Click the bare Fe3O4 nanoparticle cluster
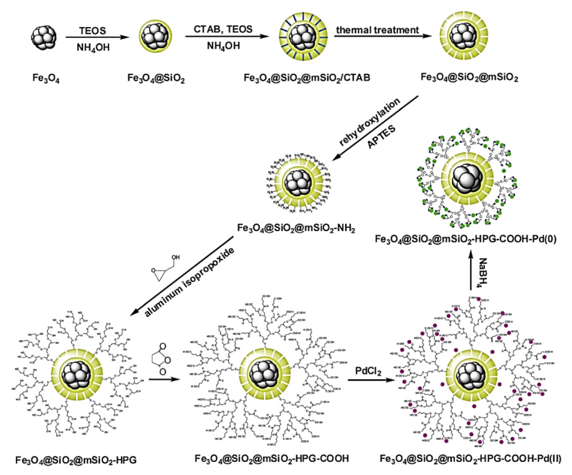44,37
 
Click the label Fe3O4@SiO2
156,78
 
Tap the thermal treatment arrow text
377,30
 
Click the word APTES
381,137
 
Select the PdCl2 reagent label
368,371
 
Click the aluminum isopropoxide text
190,282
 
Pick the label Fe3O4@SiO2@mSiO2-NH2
296,228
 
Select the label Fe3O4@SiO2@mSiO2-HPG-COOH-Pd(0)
466,239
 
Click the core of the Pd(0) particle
467,179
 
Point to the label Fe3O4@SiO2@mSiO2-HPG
76,460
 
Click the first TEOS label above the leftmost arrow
92,31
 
